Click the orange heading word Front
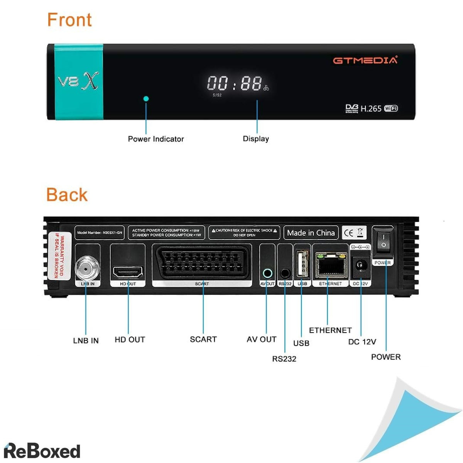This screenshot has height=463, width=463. click(69, 20)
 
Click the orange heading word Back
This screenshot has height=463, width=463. click(67, 195)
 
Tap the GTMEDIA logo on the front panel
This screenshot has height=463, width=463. click(365, 60)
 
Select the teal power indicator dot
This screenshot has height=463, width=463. click(146, 98)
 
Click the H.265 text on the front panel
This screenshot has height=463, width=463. click(371, 109)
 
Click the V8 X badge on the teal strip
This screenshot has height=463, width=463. click(78, 81)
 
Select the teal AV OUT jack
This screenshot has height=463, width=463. click(267, 274)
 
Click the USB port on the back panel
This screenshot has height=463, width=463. click(302, 264)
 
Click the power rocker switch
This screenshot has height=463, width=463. click(383, 240)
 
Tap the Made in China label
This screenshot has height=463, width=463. click(311, 233)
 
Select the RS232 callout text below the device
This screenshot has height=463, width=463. click(284, 359)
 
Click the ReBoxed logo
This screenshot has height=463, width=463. click(42, 450)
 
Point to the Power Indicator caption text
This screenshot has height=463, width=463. click(156, 139)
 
